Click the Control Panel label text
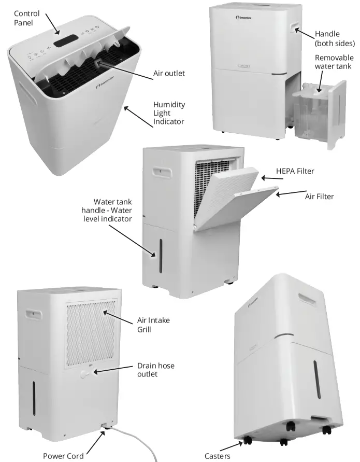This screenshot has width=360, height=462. [x=25, y=18]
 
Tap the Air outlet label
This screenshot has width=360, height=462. [x=169, y=74]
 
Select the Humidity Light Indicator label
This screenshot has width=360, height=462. [x=169, y=113]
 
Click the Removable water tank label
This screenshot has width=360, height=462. [x=334, y=62]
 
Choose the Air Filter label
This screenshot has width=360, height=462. [x=319, y=197]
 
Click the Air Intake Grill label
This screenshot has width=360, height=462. [x=153, y=325]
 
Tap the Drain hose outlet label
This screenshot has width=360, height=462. [x=155, y=370]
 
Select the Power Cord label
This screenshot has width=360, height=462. [x=63, y=456]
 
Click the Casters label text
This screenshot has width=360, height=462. [x=216, y=456]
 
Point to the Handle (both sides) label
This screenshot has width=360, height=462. [x=335, y=38]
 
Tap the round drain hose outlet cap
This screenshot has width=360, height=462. [x=85, y=374]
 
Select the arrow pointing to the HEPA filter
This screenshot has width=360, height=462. [x=272, y=179]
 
